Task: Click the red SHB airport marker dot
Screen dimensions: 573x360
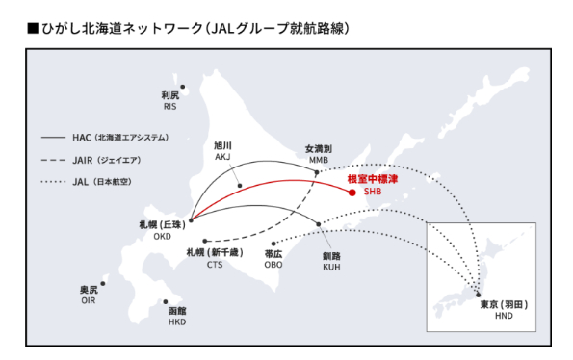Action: (x=352, y=193)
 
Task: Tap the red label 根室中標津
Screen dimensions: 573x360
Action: (x=372, y=179)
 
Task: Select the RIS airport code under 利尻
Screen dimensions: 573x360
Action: (x=170, y=106)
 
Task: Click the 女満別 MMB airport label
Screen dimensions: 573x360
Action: (x=318, y=154)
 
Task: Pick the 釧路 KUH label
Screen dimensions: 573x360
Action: (x=331, y=262)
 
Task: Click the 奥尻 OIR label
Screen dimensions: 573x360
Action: (x=88, y=295)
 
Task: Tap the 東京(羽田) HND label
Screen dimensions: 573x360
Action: (x=504, y=309)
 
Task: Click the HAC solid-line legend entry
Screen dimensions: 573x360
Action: (x=106, y=138)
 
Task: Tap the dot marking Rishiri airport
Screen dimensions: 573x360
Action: (x=183, y=88)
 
